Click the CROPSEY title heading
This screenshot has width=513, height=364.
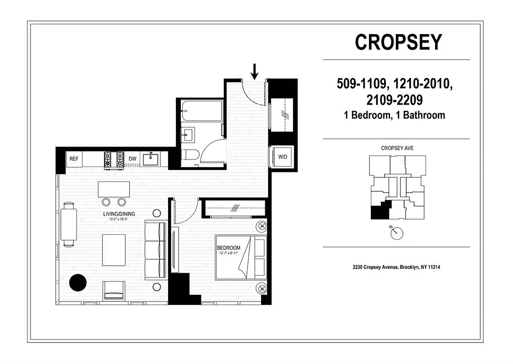[x=398, y=42]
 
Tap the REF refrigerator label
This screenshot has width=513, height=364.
[x=74, y=159]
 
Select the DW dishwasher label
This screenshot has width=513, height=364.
[x=133, y=159]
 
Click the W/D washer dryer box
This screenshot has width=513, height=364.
[x=283, y=157]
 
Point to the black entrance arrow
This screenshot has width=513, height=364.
[x=255, y=71]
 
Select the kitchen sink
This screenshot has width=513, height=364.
[x=151, y=159]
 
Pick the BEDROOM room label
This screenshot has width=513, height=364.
[x=228, y=248]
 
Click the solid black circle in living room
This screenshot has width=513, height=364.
[x=77, y=283]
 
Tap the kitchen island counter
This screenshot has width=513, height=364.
[x=113, y=189]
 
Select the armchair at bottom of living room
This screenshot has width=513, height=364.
[x=114, y=290]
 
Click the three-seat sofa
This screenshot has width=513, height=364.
[x=155, y=249]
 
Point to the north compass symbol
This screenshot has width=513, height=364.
[x=397, y=233]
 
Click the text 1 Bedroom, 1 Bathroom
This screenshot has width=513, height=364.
[x=395, y=115]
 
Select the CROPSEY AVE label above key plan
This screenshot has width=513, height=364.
[x=397, y=148]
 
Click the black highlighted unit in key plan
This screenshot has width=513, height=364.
[x=378, y=212]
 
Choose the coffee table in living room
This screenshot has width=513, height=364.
[x=114, y=249]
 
